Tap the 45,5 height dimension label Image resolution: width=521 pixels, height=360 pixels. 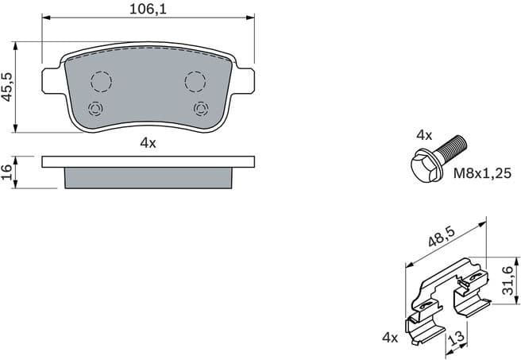click(x=8, y=87)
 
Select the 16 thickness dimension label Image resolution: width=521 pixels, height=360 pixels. click(x=8, y=172)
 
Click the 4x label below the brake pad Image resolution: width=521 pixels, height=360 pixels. click(x=148, y=143)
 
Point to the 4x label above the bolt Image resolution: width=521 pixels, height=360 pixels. click(x=425, y=134)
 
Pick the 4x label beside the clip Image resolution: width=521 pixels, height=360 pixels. click(x=389, y=338)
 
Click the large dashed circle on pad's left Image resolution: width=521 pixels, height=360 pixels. click(x=101, y=81)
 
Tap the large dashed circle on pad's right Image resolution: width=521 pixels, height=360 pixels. click(x=195, y=81)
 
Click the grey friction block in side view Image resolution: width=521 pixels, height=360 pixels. click(x=148, y=177)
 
